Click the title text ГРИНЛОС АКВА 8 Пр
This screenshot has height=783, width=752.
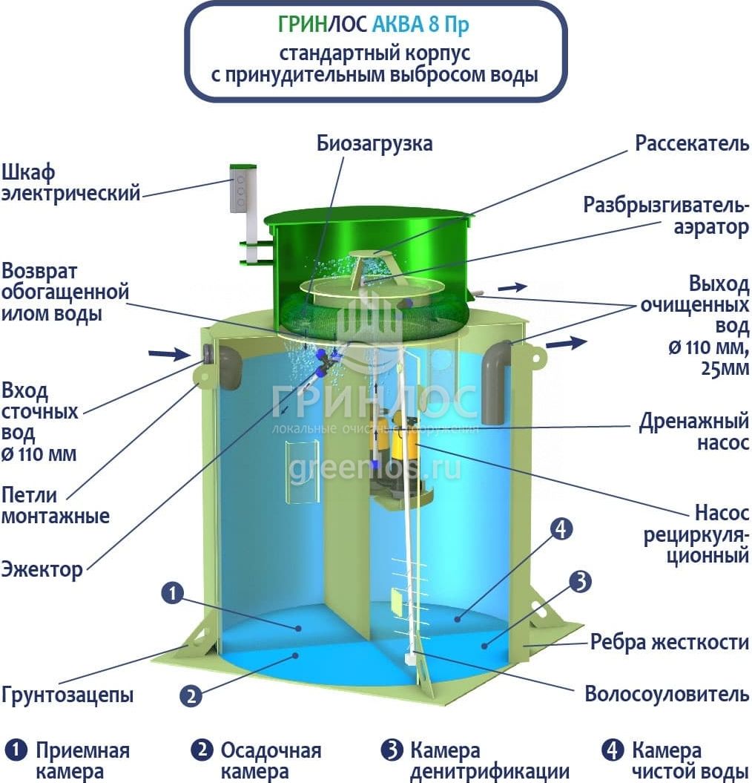pyautogui.click(x=374, y=25)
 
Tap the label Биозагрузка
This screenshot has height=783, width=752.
pyautogui.click(x=375, y=143)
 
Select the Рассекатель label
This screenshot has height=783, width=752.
pyautogui.click(x=692, y=143)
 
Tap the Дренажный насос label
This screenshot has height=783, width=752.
pyautogui.click(x=694, y=432)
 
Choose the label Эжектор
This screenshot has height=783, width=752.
pyautogui.click(x=42, y=571)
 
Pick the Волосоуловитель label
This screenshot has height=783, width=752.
pyautogui.click(x=667, y=695)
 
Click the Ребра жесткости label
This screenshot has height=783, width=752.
pyautogui.click(x=670, y=642)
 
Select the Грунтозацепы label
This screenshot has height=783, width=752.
pyautogui.click(x=67, y=695)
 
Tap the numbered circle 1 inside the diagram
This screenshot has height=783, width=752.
pyautogui.click(x=172, y=593)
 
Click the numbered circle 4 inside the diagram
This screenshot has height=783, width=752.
pyautogui.click(x=561, y=528)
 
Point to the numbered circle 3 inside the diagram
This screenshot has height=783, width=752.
pyautogui.click(x=581, y=582)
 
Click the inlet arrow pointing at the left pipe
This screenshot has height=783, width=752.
pyautogui.click(x=169, y=354)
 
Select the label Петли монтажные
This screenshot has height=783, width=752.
pyautogui.click(x=55, y=505)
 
